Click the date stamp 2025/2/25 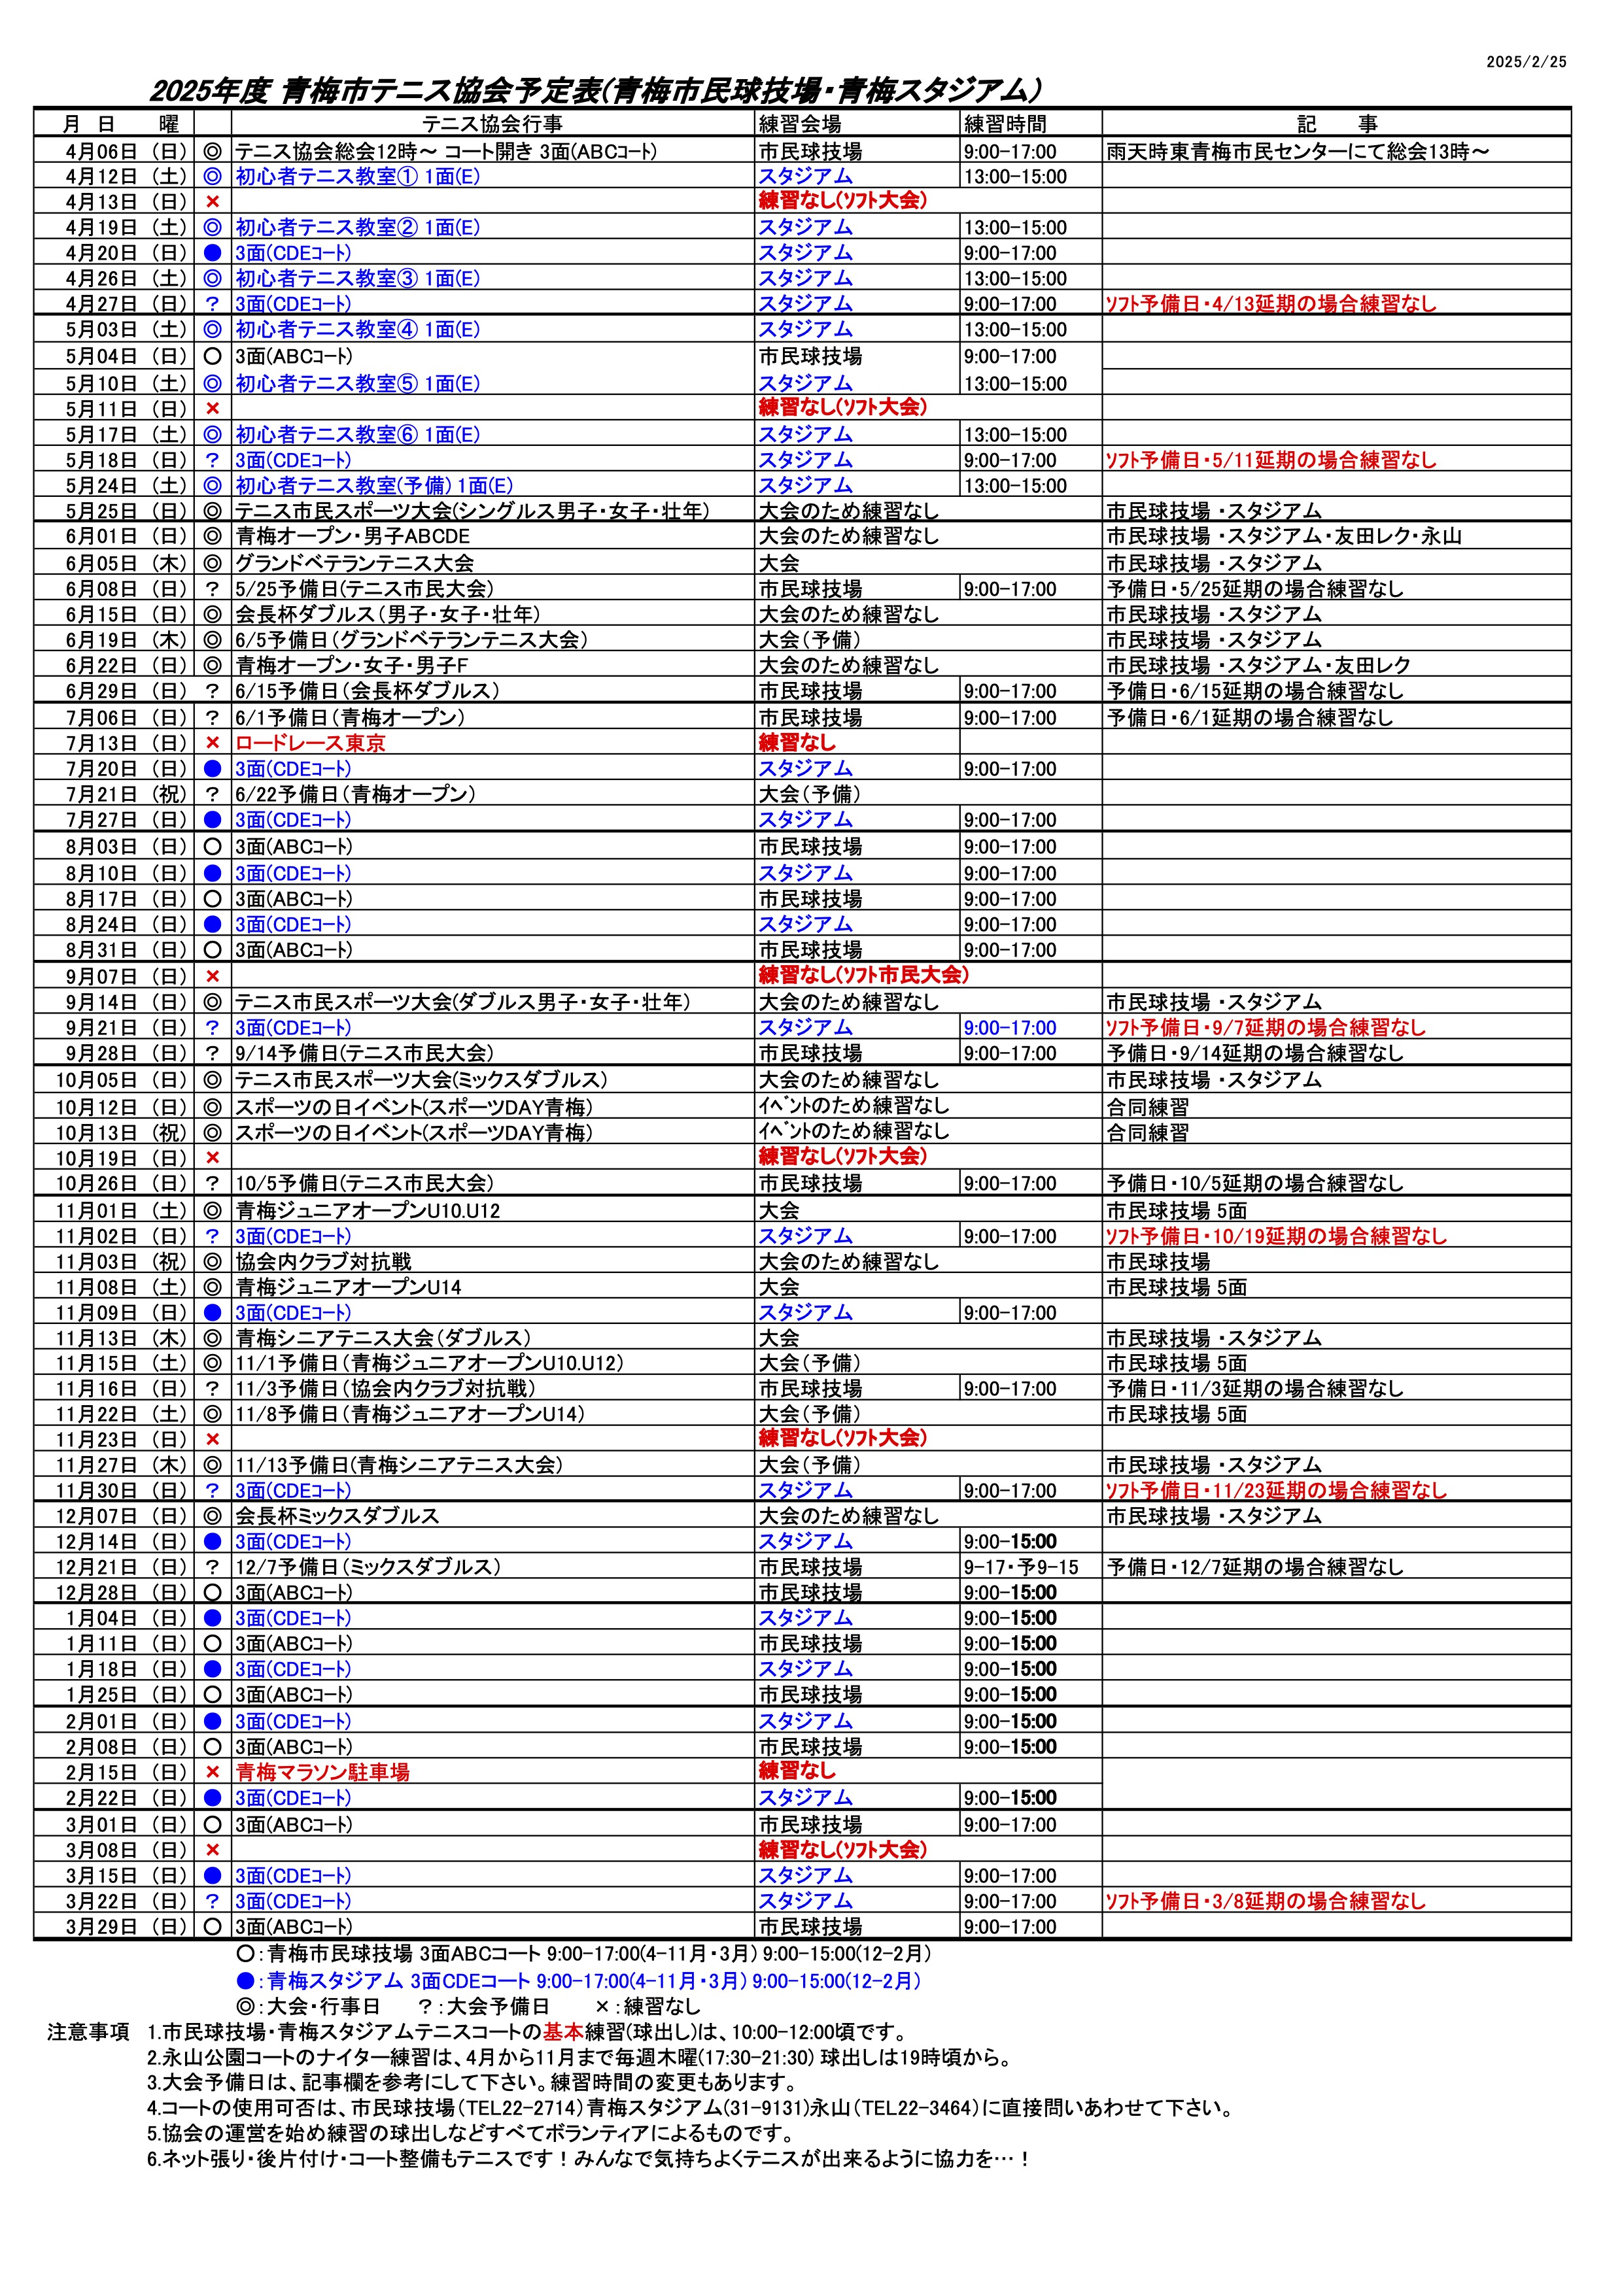[x=1526, y=62]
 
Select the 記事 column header [x=1336, y=124]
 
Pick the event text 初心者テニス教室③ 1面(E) [x=356, y=279]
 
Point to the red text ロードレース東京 [x=309, y=743]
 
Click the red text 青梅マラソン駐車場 [x=322, y=1773]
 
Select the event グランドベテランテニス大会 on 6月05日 [x=354, y=563]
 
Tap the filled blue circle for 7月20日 [x=212, y=769]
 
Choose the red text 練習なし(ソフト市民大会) [x=863, y=976]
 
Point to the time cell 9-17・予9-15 [x=1021, y=1568]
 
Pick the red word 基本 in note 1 [x=562, y=2032]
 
